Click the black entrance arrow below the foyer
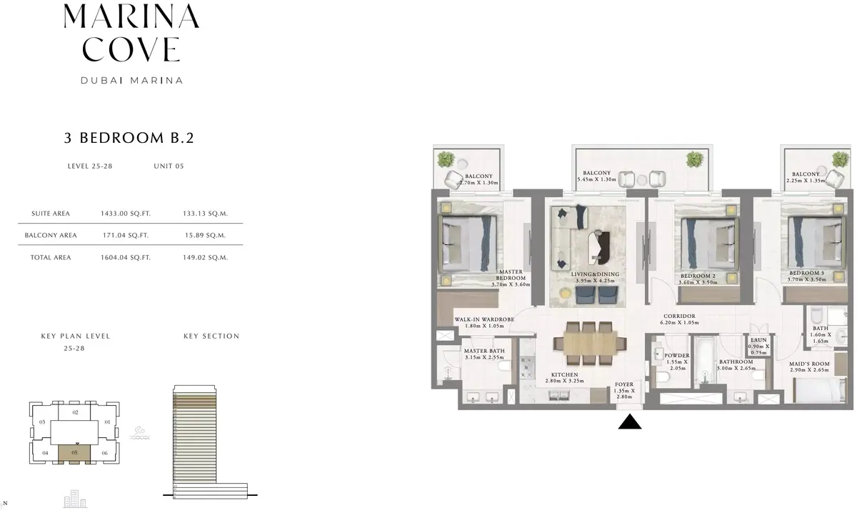pos(630,422)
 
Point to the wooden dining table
pos(590,343)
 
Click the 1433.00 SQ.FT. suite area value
pos(126,214)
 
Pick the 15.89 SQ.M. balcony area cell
pos(205,236)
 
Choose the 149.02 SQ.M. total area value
pos(205,258)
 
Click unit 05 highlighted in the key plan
pos(74,453)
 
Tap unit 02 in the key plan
pos(75,412)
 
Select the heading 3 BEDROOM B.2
pos(129,138)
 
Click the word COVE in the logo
pos(131,49)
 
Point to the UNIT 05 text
pos(169,166)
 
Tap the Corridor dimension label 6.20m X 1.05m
pos(679,323)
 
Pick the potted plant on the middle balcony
pos(694,159)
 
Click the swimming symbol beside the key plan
pos(140,434)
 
